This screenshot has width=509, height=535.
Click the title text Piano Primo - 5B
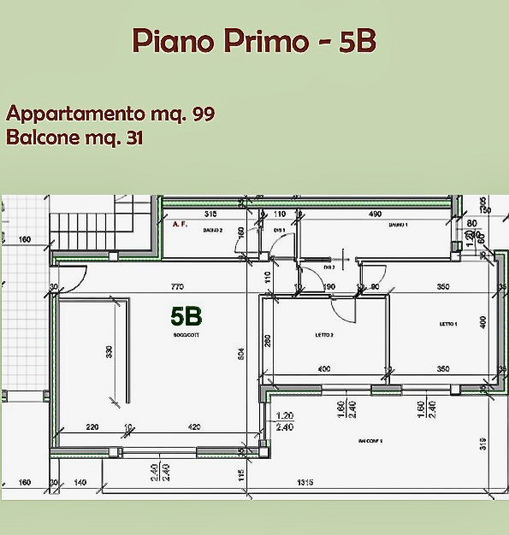coord(254,40)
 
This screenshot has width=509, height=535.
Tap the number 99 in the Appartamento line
coord(204,113)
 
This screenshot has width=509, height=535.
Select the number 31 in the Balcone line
coord(133,138)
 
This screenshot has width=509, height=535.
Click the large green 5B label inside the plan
coord(186,316)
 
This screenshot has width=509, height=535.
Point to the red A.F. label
coord(180,225)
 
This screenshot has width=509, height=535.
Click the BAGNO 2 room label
coord(213,231)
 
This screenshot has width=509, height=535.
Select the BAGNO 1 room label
coord(397,225)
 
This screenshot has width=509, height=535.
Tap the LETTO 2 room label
coord(324,335)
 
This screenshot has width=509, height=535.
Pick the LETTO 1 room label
coord(448,325)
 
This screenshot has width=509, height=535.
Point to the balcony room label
coord(370,441)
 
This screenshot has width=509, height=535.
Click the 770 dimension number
coord(178,287)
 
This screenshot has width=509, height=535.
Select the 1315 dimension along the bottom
coord(305,483)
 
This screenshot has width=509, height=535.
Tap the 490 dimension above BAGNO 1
coord(375,214)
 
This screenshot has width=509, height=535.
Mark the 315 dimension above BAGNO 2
coord(212,214)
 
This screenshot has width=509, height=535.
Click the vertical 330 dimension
coord(109,351)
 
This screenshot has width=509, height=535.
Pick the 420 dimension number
coord(194,427)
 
